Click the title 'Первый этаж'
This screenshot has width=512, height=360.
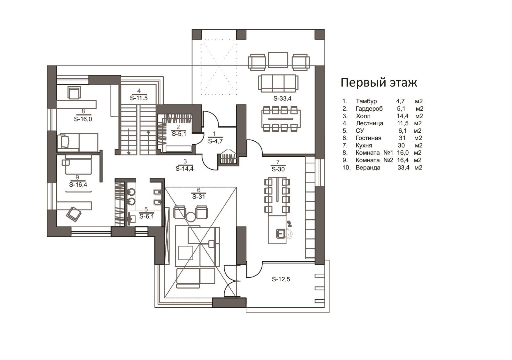[379, 83]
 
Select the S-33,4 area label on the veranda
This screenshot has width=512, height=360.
[282, 99]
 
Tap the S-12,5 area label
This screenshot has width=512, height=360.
[281, 279]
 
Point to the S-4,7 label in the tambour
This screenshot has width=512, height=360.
[215, 141]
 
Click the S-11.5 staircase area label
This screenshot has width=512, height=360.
[139, 98]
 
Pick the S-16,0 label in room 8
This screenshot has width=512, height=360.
[83, 119]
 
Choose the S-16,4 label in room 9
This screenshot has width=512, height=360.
[78, 184]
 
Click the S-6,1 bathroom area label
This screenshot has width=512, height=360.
[147, 216]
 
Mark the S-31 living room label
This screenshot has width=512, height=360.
[199, 196]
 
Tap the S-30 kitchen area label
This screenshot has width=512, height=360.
[278, 169]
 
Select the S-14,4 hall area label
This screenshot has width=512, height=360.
[184, 168]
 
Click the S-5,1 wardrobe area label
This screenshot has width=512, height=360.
[179, 134]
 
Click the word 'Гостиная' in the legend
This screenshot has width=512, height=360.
[368, 138]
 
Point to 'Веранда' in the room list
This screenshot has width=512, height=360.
[368, 168]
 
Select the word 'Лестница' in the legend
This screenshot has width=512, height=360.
[369, 123]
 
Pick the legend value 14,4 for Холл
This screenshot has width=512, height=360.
[403, 116]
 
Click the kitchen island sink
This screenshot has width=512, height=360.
[280, 234]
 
